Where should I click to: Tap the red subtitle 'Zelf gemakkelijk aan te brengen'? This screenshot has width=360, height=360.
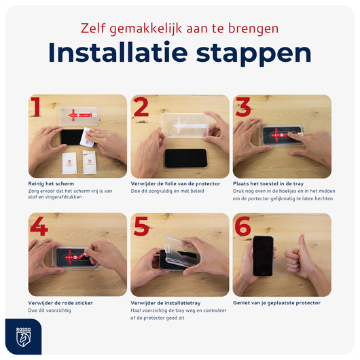click(180, 29)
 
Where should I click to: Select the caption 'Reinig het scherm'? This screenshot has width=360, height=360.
click(51, 183)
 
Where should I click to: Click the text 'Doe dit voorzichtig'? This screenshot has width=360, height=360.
click(50, 310)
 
